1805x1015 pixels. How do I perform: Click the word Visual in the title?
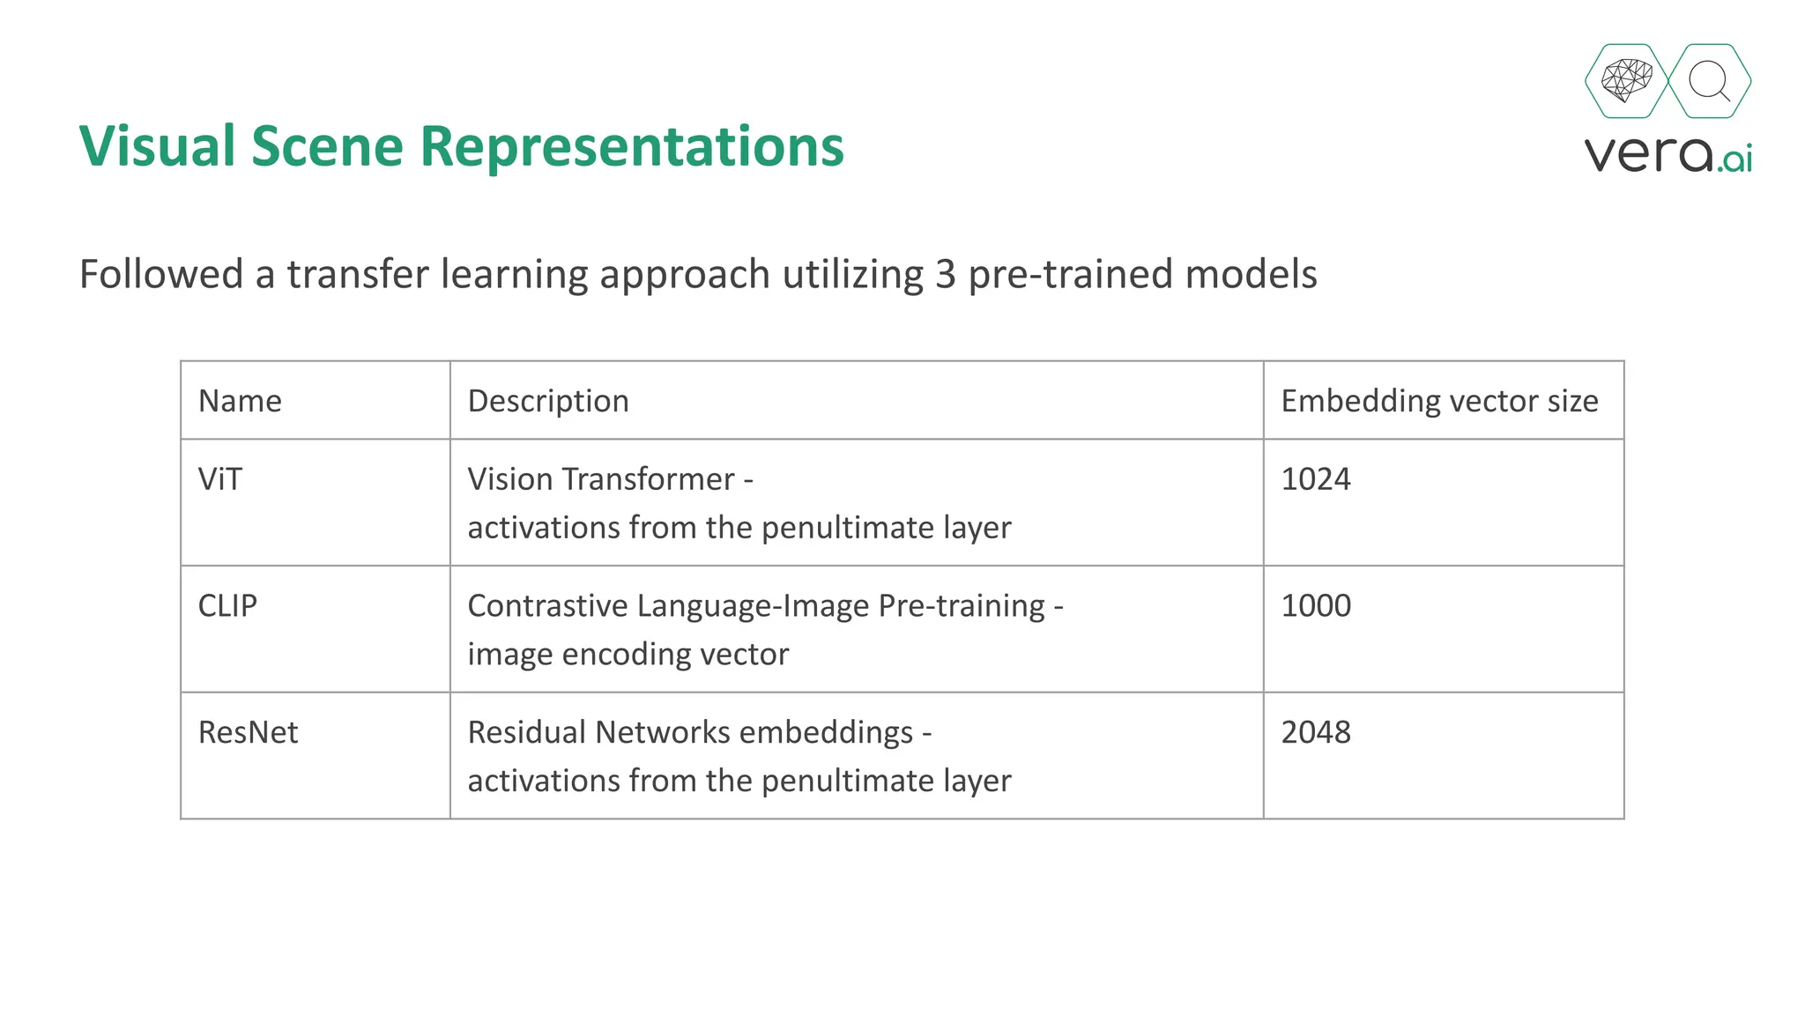(x=158, y=146)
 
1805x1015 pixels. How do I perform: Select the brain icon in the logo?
(x=1626, y=81)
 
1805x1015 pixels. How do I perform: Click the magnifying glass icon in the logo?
(x=1709, y=81)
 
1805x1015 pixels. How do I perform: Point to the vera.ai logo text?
(x=1668, y=154)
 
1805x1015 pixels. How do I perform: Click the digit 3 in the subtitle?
(x=945, y=274)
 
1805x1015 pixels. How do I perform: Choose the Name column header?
(x=240, y=401)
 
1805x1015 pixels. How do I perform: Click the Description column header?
(x=548, y=401)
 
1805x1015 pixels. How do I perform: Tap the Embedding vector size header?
(x=1439, y=401)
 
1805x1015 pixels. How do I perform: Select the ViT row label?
(x=219, y=479)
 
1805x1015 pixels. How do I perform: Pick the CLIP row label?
(x=227, y=606)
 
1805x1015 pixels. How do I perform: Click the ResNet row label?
(x=248, y=733)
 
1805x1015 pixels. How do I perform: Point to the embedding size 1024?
(x=1315, y=479)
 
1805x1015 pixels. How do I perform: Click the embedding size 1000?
(x=1315, y=606)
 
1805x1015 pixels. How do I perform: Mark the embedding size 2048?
(x=1315, y=733)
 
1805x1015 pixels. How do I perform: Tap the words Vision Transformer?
(x=601, y=479)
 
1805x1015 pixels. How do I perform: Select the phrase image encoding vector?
(x=628, y=655)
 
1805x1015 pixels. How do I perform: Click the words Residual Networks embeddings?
(x=690, y=733)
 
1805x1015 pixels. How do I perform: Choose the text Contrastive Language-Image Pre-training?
(x=756, y=606)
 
